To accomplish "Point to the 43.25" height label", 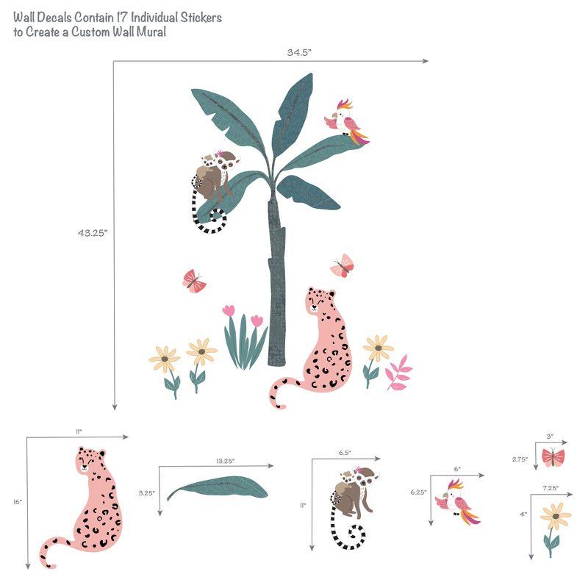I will pos(93,232).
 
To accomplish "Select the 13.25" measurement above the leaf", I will pos(226,461).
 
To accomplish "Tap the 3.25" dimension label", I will pos(147,493).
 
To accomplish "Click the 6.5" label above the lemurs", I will pos(345,453).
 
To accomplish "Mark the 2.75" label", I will pos(520,459).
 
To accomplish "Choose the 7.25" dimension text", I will pos(551,487).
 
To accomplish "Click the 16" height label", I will pos(18,502).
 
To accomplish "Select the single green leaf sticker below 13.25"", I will pos(217,487).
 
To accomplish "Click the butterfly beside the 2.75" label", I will pos(553,457).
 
